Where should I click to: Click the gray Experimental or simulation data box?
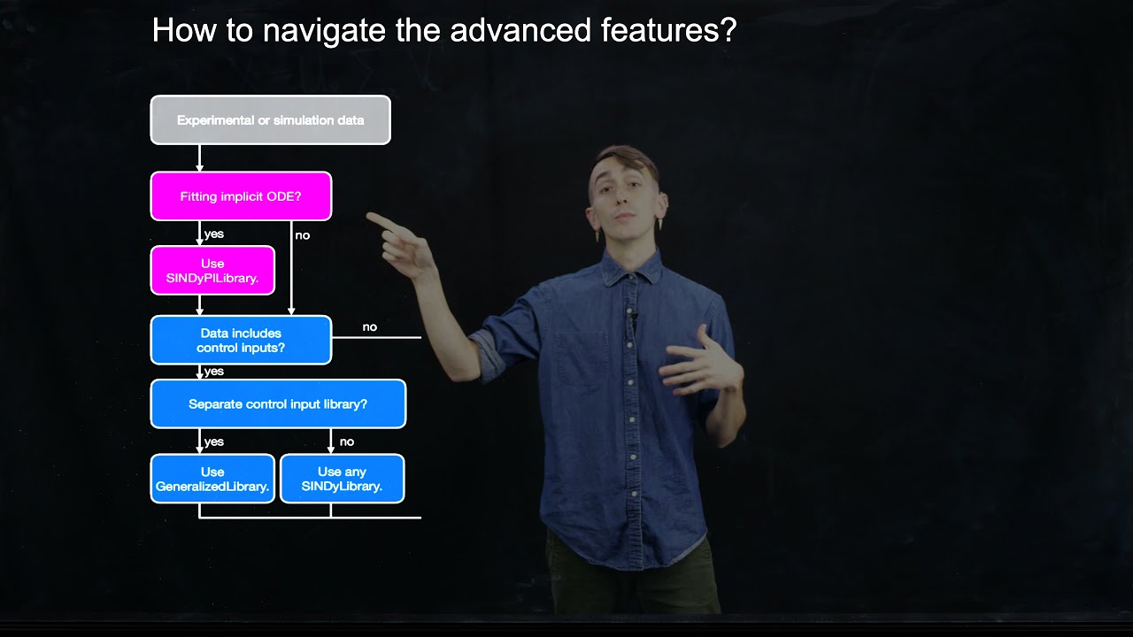click(270, 120)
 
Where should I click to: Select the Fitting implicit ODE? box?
click(241, 196)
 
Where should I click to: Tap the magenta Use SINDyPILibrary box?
click(212, 271)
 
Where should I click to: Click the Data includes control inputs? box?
click(241, 341)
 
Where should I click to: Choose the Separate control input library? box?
click(278, 404)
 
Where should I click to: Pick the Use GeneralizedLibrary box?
click(212, 479)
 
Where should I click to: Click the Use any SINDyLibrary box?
click(342, 479)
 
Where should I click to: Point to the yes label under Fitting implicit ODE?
click(214, 234)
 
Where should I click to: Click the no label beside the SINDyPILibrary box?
click(303, 235)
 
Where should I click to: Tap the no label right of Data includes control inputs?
click(370, 327)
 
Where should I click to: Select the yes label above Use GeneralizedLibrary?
click(214, 441)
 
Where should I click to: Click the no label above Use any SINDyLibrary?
click(347, 441)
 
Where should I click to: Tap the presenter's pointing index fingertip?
click(371, 215)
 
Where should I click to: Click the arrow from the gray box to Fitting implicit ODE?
click(199, 158)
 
